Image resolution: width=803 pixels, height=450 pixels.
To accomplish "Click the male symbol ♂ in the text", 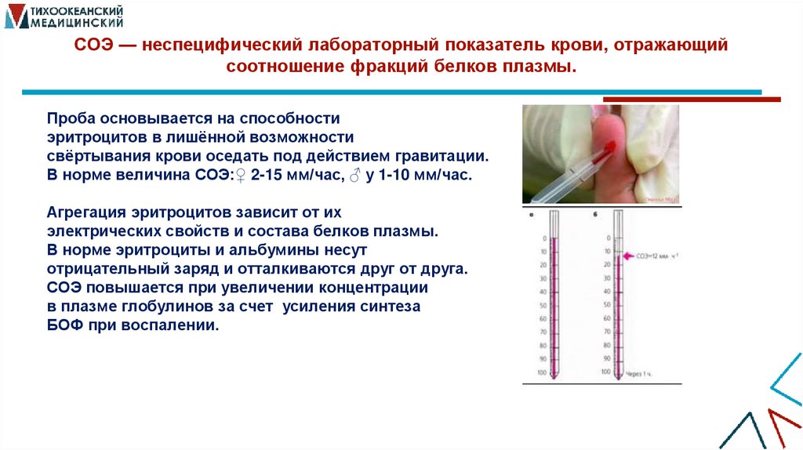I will coord(353,175).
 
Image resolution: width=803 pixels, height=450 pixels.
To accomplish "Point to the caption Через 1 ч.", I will coord(638,374).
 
